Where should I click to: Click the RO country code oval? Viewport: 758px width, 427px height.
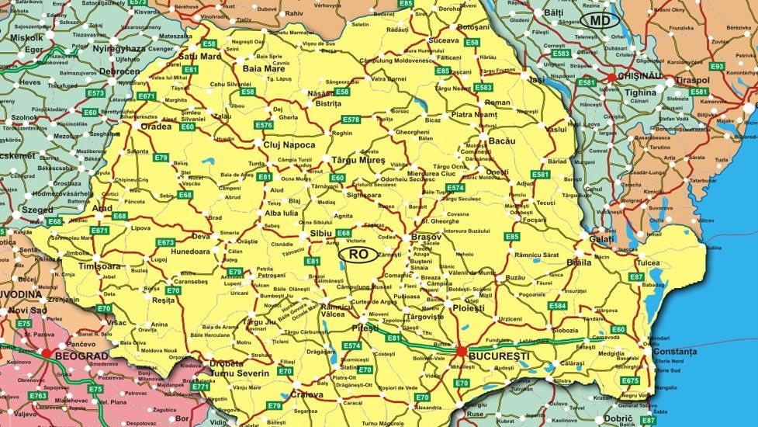click(x=358, y=254)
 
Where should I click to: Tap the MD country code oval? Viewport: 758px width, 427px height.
click(x=601, y=20)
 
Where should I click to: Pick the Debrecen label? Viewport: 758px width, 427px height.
click(x=114, y=71)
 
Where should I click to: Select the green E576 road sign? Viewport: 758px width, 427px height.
click(x=263, y=125)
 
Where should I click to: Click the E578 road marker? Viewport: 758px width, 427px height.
click(x=351, y=120)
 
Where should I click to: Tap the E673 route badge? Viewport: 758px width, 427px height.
click(x=165, y=242)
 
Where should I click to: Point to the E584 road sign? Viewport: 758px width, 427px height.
click(x=557, y=306)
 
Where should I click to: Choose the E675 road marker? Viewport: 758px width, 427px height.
click(x=630, y=380)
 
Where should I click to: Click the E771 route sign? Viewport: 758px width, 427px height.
click(x=201, y=386)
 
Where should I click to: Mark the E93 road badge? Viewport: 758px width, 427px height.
click(x=716, y=67)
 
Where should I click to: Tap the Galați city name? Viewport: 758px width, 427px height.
click(x=601, y=239)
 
